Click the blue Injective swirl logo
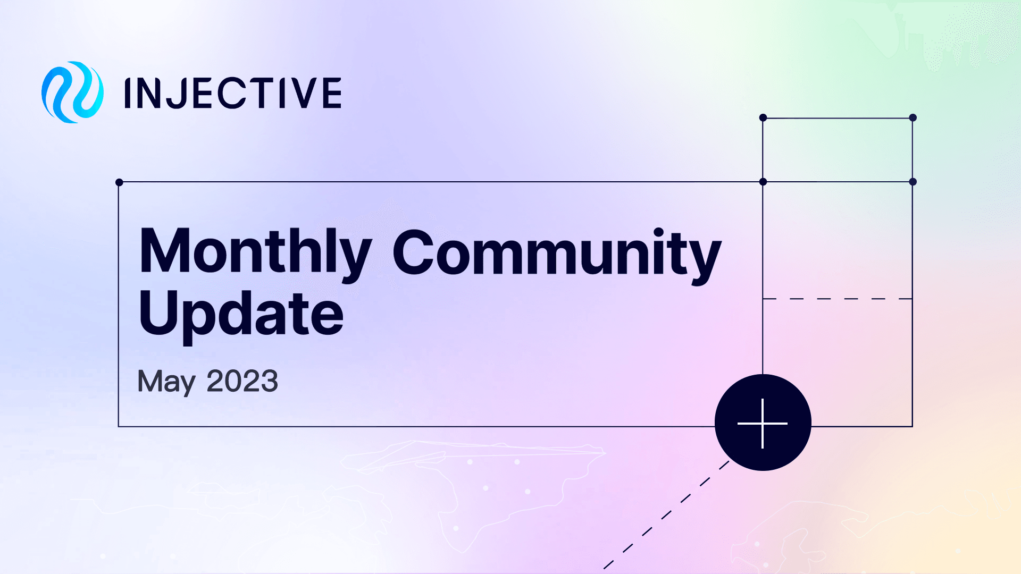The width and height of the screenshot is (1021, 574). coord(72,92)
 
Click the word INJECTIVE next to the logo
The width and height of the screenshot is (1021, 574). coord(233,93)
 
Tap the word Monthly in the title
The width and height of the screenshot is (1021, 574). coord(255,252)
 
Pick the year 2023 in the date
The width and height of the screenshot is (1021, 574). coord(242,381)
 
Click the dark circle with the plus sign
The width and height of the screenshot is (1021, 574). coord(763,423)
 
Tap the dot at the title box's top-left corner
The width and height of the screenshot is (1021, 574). coord(119,182)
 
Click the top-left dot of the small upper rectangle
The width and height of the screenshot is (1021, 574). coord(763,117)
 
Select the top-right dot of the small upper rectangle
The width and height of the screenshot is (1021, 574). coord(913,117)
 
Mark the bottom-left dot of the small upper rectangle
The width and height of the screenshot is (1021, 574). coord(763,182)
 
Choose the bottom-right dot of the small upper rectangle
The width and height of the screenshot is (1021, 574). coord(913,182)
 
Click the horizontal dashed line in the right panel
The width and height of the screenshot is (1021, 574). coord(838,299)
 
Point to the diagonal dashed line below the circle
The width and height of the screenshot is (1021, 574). coord(665,515)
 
